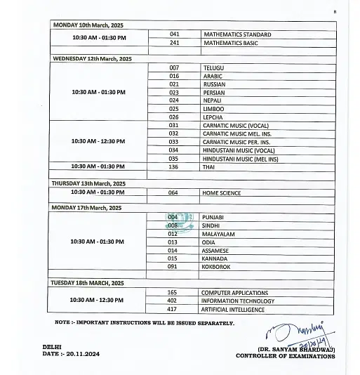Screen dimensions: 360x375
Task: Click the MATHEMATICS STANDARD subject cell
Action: click(236, 34)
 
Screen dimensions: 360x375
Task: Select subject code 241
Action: click(175, 43)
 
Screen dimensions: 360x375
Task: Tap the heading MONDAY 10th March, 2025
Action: click(87, 25)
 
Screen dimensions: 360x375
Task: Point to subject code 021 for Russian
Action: click(175, 84)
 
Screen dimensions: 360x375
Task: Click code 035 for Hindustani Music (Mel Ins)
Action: click(174, 159)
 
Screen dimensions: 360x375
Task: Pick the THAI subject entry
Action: click(209, 167)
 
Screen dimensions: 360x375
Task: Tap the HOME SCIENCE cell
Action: click(221, 193)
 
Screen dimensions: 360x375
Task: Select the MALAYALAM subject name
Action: click(218, 233)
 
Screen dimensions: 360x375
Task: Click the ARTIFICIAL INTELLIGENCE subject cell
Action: click(233, 310)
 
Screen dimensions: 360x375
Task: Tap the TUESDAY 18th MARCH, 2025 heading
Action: click(87, 283)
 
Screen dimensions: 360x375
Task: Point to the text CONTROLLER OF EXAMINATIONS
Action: click(285, 356)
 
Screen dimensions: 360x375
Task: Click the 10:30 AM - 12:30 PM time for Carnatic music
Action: click(98, 141)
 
